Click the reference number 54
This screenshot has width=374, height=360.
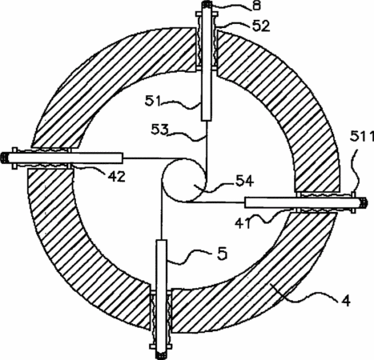[244, 182]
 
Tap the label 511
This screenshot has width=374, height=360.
[362, 137]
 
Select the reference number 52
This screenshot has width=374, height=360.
[261, 26]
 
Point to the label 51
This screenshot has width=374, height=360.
[153, 102]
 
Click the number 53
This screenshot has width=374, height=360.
[160, 130]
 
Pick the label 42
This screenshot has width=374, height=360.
[117, 177]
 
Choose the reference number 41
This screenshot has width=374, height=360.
[243, 223]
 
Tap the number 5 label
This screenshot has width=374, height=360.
[222, 254]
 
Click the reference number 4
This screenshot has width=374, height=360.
[345, 301]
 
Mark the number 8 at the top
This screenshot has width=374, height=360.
[256, 6]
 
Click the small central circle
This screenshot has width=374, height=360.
[183, 179]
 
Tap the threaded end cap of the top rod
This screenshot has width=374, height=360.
[207, 5]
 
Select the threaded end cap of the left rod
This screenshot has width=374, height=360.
[5, 158]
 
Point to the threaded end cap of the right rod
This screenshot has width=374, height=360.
[364, 203]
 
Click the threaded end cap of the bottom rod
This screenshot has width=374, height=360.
[161, 355]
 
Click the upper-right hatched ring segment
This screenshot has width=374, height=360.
[288, 102]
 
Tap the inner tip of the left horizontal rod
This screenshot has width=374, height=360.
[123, 158]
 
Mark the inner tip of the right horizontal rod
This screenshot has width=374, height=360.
[245, 202]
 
